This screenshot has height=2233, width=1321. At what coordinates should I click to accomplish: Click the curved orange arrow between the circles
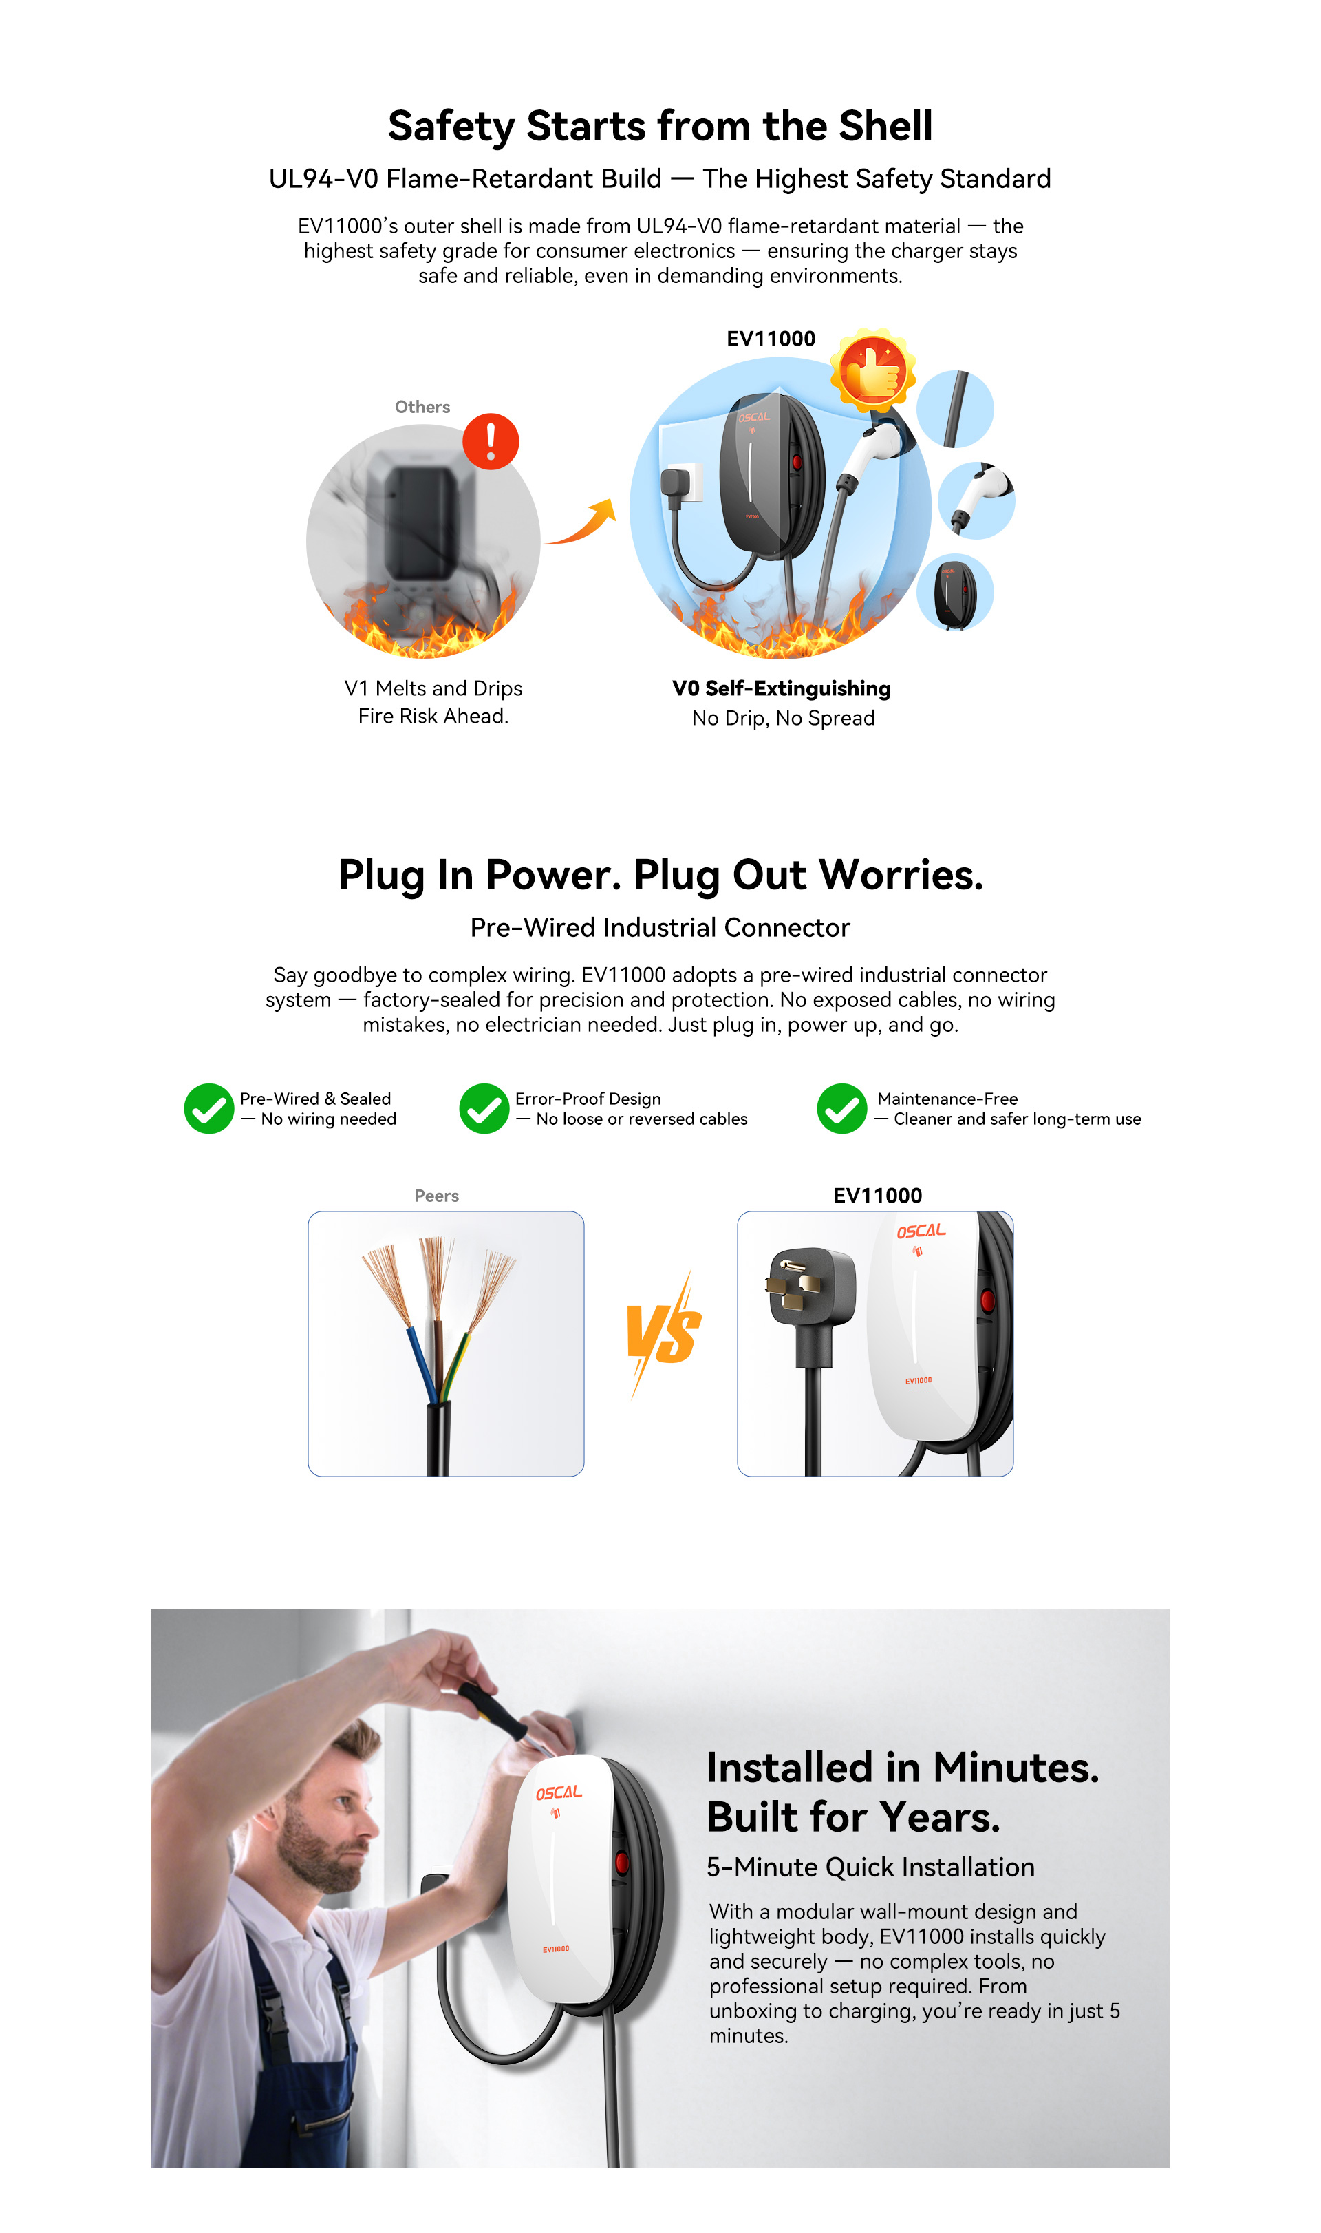pyautogui.click(x=581, y=522)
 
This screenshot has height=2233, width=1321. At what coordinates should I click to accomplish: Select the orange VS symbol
pyautogui.click(x=663, y=1334)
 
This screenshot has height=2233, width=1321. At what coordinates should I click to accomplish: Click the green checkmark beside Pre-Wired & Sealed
pyautogui.click(x=208, y=1108)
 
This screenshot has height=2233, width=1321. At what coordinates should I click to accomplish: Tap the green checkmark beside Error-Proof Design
pyautogui.click(x=484, y=1108)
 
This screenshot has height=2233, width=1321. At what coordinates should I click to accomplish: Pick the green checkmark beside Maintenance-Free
pyautogui.click(x=842, y=1108)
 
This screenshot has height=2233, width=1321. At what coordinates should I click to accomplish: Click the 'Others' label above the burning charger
pyautogui.click(x=423, y=407)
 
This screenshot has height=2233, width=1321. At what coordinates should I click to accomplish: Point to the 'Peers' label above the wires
pyautogui.click(x=436, y=1196)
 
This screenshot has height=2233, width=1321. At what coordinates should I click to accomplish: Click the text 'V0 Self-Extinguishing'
pyautogui.click(x=782, y=688)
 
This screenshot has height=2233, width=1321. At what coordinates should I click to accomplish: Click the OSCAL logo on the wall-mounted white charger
pyautogui.click(x=559, y=1793)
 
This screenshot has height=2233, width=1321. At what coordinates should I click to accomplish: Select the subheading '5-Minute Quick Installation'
pyautogui.click(x=870, y=1867)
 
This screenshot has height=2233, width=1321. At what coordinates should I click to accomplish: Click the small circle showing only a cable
pyautogui.click(x=955, y=409)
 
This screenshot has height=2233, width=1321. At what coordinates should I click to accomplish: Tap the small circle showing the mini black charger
pyautogui.click(x=955, y=592)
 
